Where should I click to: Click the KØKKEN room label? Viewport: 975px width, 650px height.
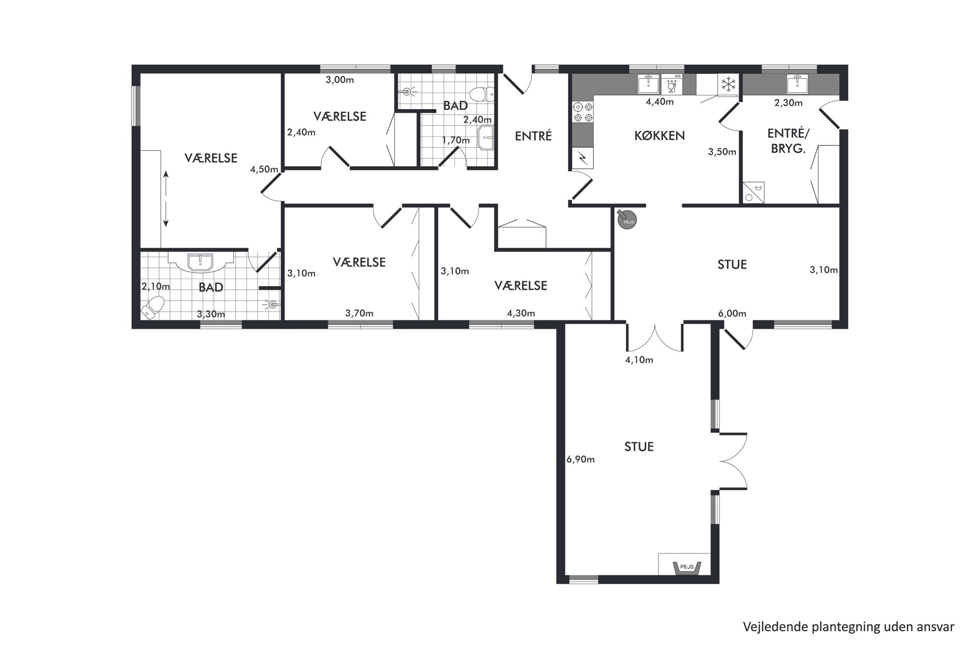pos(660,136)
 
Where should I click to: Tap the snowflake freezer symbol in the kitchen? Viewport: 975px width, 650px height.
pos(728,85)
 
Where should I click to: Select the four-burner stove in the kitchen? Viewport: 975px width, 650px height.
pos(582,112)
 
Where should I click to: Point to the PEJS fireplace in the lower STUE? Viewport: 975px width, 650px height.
pos(687,567)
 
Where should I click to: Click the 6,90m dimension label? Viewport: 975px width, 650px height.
pos(580,459)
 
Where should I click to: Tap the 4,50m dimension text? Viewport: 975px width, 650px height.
pos(264,169)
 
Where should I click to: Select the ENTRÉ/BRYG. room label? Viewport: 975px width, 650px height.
pos(788,141)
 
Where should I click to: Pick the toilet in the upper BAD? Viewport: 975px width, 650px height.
pos(482,93)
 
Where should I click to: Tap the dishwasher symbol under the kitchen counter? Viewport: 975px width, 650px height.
pos(672,84)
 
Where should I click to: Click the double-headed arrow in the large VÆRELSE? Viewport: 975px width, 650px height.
pos(166,198)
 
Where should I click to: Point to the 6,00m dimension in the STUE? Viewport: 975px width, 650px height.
pos(732,313)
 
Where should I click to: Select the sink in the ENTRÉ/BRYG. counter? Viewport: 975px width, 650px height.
pos(797,84)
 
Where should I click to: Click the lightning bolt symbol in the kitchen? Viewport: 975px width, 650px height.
pos(582,158)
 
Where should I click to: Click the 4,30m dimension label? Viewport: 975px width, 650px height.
pos(521,313)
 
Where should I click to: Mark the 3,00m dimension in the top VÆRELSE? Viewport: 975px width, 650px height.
pos(340,80)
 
